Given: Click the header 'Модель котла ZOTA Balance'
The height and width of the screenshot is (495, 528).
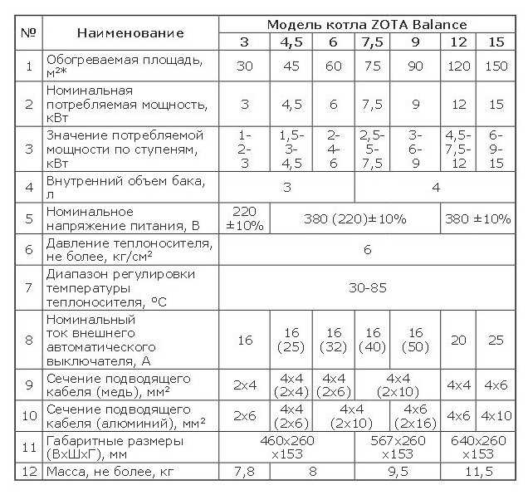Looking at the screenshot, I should point(366,25).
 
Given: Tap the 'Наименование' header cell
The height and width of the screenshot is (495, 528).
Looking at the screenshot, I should point(130,33).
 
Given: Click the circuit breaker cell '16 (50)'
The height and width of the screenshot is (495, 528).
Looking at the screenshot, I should point(416,341).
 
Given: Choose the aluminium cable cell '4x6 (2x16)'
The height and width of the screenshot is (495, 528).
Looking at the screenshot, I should point(416,415).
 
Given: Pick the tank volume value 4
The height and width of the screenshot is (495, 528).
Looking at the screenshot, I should point(436,186).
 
